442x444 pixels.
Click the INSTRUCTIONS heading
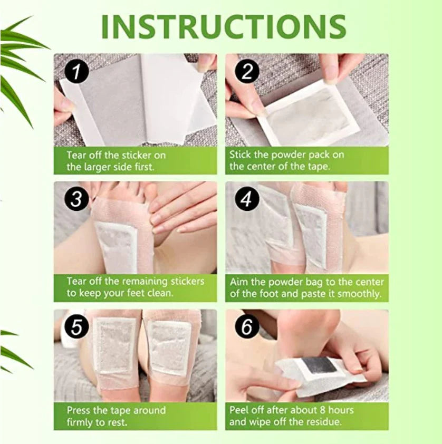[x=224, y=26]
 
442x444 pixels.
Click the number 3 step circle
[x=76, y=199]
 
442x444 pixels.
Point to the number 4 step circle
[x=247, y=199]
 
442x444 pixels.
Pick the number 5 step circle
[x=76, y=327]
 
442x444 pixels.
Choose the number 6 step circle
[x=247, y=327]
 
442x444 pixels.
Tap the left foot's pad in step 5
[x=114, y=345]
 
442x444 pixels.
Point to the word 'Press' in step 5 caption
[x=79, y=410]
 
